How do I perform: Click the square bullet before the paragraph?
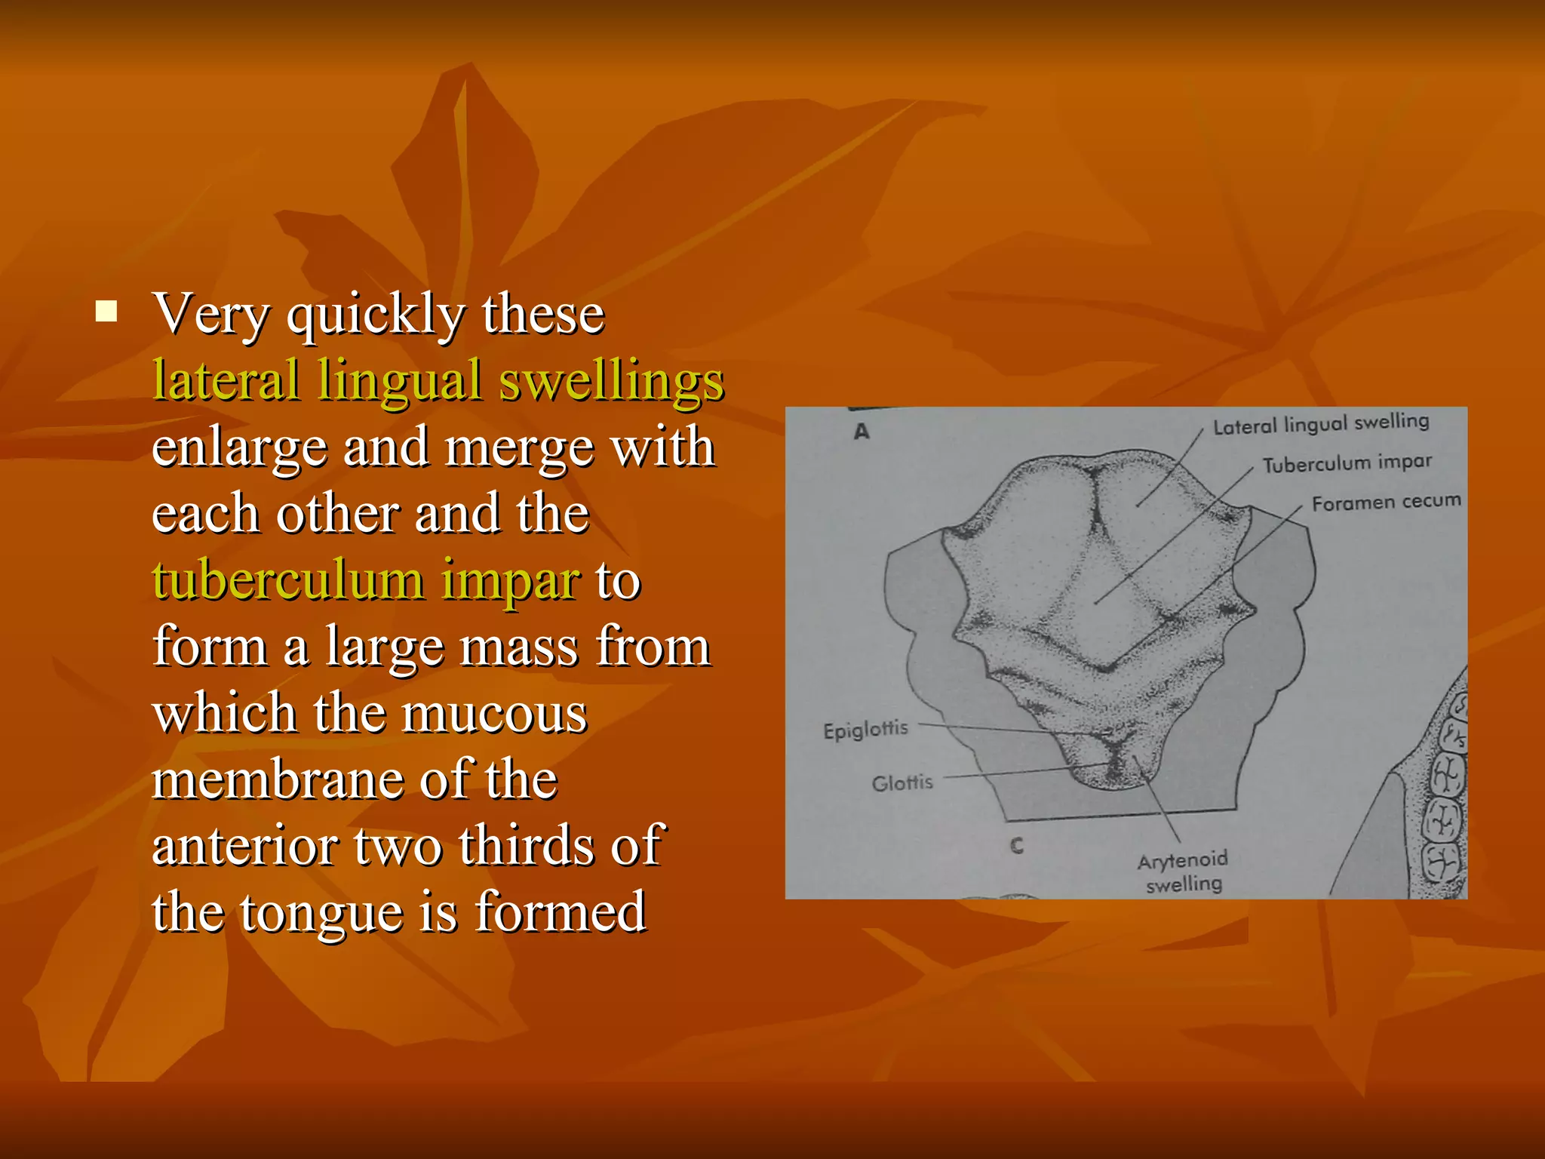click(x=107, y=311)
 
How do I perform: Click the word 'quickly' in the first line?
click(x=375, y=315)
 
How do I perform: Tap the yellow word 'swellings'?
click(x=611, y=382)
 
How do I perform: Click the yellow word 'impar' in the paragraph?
click(x=511, y=582)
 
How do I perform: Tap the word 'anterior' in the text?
click(x=244, y=846)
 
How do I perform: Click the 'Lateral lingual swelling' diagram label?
click(x=1321, y=424)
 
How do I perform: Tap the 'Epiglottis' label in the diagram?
click(x=865, y=730)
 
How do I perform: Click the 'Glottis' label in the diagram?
click(x=902, y=783)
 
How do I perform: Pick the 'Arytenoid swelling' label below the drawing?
click(x=1183, y=872)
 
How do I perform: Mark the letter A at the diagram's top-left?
click(x=862, y=432)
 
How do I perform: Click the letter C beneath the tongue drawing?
click(x=1017, y=846)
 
